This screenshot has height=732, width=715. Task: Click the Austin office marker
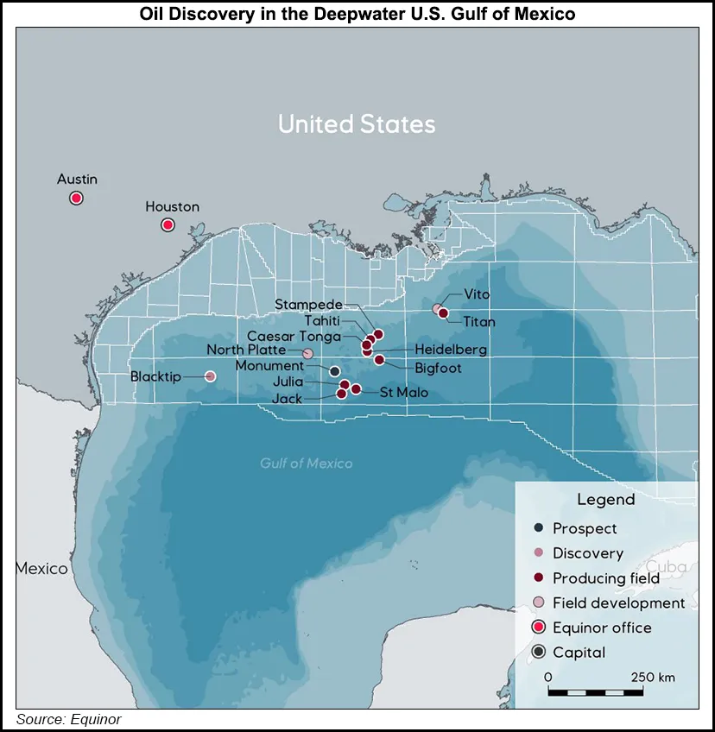(76, 198)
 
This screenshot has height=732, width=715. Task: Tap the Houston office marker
(168, 225)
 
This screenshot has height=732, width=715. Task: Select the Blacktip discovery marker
(210, 376)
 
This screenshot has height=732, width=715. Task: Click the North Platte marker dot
(307, 353)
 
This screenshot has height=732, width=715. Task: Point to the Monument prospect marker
(335, 371)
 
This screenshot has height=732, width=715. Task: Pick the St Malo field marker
(356, 389)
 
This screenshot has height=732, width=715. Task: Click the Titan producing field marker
(444, 313)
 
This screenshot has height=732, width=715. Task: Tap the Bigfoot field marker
(379, 359)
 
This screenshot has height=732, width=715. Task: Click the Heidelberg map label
(450, 350)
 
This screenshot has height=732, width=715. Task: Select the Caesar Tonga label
(294, 336)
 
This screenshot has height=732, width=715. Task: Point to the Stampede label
(308, 304)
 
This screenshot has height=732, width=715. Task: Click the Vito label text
(478, 294)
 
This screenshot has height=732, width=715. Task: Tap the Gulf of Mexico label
(307, 464)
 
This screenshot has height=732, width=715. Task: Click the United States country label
(357, 124)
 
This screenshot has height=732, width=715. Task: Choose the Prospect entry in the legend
(585, 528)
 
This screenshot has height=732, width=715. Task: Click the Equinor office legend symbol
(539, 628)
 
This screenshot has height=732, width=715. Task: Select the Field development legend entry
(618, 603)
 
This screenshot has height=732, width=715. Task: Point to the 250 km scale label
(653, 677)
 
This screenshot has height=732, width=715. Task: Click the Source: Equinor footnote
(69, 719)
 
